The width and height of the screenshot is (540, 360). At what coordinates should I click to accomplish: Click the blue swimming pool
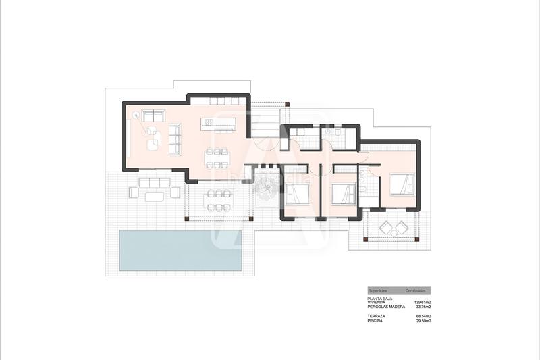(x=180, y=251)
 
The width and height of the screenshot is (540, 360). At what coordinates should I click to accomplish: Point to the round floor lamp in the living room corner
(x=136, y=116)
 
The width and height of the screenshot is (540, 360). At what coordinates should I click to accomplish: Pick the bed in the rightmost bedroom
(x=402, y=184)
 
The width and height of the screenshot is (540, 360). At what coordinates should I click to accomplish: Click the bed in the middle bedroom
(x=343, y=194)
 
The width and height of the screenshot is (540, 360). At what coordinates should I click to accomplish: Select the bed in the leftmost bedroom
(x=297, y=194)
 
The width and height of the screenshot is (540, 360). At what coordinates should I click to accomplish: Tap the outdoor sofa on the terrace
(x=155, y=182)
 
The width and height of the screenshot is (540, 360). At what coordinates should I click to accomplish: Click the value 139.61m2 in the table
(x=422, y=302)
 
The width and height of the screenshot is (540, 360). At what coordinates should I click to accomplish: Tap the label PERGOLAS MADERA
(x=386, y=307)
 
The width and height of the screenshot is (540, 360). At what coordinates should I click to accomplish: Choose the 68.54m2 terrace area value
(x=423, y=316)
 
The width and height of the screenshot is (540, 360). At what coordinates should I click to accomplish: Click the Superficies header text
(x=377, y=290)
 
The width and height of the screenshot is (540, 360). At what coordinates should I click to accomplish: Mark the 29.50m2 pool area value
(x=423, y=321)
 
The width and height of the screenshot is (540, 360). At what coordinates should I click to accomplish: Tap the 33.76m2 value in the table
(x=423, y=307)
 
